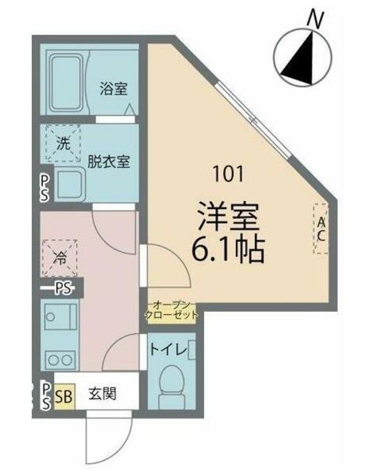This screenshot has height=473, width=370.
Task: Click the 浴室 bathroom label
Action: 114,89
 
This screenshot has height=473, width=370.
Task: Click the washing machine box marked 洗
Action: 64,143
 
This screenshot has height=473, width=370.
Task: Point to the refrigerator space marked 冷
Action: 60,259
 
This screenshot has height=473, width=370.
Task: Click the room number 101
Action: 228,175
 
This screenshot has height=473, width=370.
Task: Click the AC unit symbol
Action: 321,228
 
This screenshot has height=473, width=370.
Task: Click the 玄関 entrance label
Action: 101,394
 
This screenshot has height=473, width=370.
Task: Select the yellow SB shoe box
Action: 64,395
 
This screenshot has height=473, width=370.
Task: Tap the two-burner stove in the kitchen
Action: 60,360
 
